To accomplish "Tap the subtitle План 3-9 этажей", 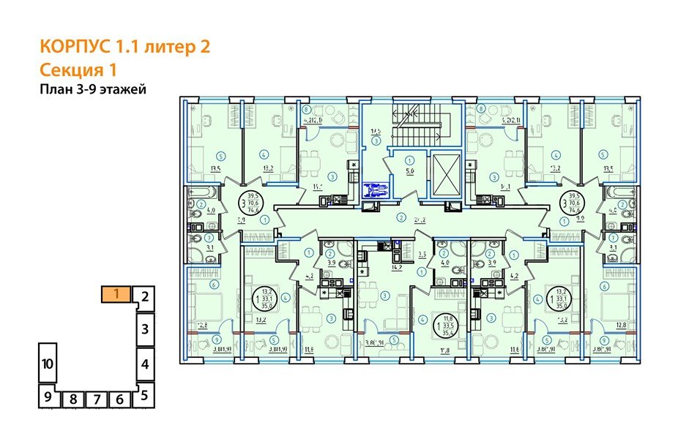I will click(x=94, y=90).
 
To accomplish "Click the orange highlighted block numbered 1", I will click(x=116, y=295).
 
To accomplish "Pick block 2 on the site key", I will click(x=145, y=297).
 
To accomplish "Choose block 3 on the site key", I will click(x=145, y=327).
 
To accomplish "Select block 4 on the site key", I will click(x=145, y=363).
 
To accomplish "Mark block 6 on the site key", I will click(x=122, y=399).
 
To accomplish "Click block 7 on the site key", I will click(x=97, y=399).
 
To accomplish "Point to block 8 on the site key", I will click(x=73, y=399).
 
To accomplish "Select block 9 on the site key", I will click(x=48, y=399).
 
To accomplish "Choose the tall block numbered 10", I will click(x=48, y=364).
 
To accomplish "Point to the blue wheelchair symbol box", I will click(x=375, y=190).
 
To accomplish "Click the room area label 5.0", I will click(x=410, y=174).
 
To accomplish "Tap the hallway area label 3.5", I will click(x=422, y=255).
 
